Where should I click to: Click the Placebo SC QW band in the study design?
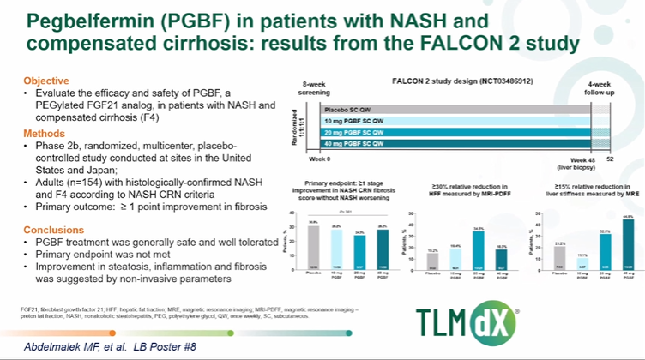coord(463,109)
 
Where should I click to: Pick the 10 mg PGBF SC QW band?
coord(463,121)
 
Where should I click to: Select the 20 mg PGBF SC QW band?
coord(463,133)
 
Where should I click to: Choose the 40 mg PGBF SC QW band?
coord(463,145)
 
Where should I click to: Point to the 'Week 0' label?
coord(320,159)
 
